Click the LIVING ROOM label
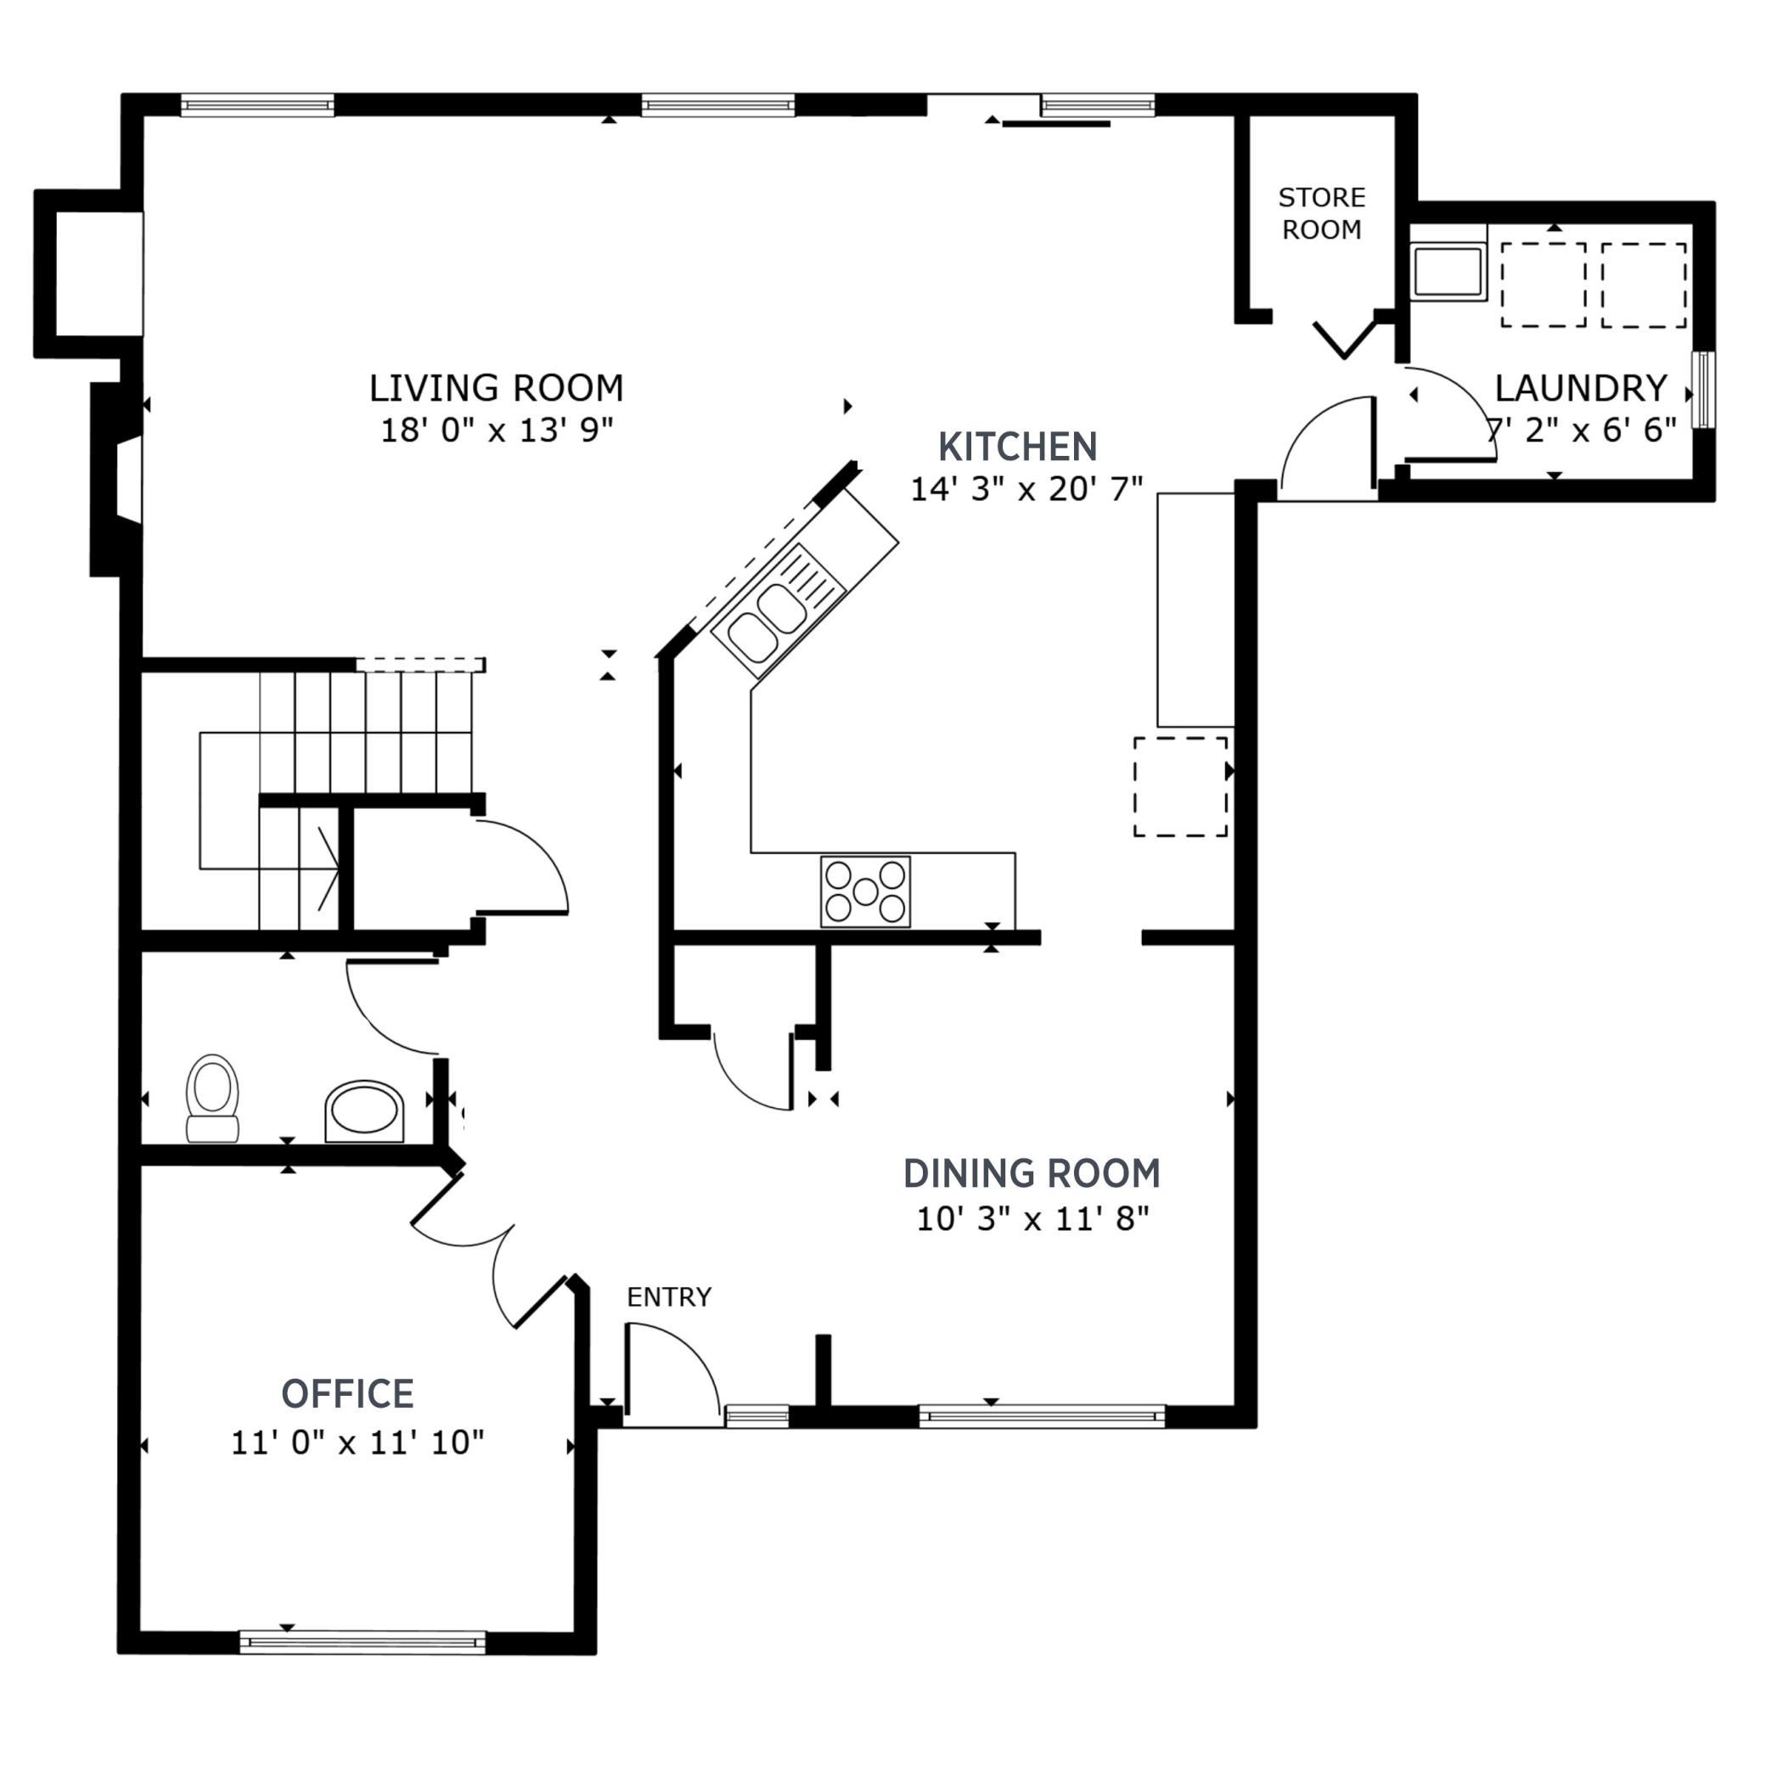tap(497, 389)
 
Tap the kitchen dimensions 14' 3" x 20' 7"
tap(1026, 489)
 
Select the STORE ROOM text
tap(1321, 213)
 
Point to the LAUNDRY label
tap(1580, 389)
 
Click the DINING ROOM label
tap(1031, 1173)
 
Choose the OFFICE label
tap(347, 1394)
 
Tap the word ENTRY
tap(668, 1297)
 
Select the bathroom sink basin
tap(363, 1110)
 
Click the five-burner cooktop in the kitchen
tap(864, 891)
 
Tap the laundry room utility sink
tap(1447, 272)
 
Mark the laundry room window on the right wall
tap(1702, 389)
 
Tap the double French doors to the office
tap(489, 1252)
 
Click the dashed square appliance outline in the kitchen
tap(1180, 786)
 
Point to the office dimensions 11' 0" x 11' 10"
tap(357, 1443)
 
